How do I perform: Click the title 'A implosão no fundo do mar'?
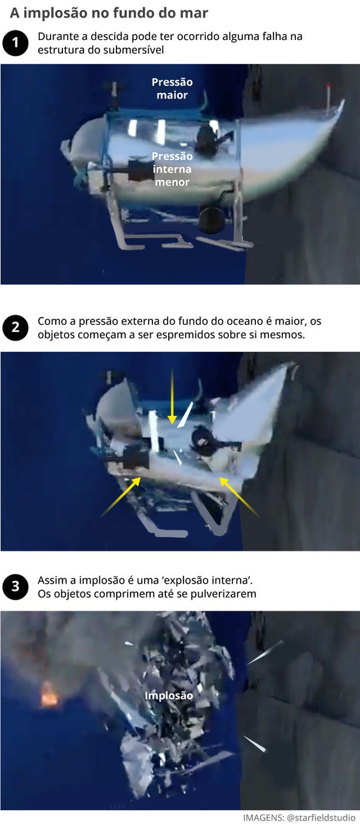[109, 13]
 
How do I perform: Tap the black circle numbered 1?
[15, 43]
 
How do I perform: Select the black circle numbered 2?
[15, 328]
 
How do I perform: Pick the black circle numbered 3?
[15, 587]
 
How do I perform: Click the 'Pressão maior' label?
[172, 88]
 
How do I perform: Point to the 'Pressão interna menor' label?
[172, 169]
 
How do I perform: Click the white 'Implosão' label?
[169, 695]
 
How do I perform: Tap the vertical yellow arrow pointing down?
[172, 397]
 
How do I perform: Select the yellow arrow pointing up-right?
[121, 497]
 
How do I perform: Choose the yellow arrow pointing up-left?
[239, 497]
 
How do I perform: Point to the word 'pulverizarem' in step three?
[228, 594]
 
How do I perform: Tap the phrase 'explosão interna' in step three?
[209, 580]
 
